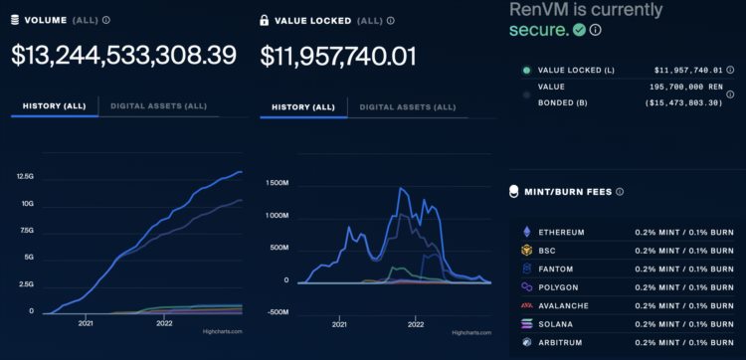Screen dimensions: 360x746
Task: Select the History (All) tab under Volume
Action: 55,105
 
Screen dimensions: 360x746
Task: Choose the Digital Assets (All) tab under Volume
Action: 159,105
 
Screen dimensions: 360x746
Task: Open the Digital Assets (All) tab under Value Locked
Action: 407,105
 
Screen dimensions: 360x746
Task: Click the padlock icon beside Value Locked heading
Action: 265,19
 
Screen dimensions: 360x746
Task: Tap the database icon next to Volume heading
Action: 16,19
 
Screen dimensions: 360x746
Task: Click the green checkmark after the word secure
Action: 579,30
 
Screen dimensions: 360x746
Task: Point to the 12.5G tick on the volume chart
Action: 25,177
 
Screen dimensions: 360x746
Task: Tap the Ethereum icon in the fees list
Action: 526,233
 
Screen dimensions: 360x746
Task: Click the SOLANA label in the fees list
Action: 560,324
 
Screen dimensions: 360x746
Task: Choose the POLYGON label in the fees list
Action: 562,287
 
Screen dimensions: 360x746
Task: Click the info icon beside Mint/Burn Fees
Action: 620,192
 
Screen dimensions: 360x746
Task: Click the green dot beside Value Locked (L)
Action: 525,71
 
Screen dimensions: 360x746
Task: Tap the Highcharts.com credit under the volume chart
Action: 223,331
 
